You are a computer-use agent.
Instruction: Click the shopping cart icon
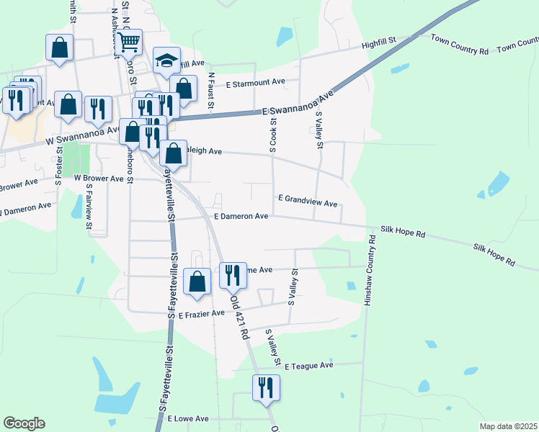(x=129, y=42)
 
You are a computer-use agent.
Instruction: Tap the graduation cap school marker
(x=166, y=60)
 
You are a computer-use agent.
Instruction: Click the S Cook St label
(x=273, y=135)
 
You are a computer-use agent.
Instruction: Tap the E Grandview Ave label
(x=308, y=201)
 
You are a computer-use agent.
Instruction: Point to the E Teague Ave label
(x=308, y=366)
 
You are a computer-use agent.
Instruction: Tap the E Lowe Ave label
(x=187, y=418)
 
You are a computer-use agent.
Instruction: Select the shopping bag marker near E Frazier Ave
(x=197, y=282)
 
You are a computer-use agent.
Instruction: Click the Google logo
(x=24, y=423)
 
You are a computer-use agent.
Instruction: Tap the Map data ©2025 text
(x=508, y=426)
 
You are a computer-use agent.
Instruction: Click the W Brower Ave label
(x=98, y=178)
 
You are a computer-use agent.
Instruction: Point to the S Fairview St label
(x=89, y=207)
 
